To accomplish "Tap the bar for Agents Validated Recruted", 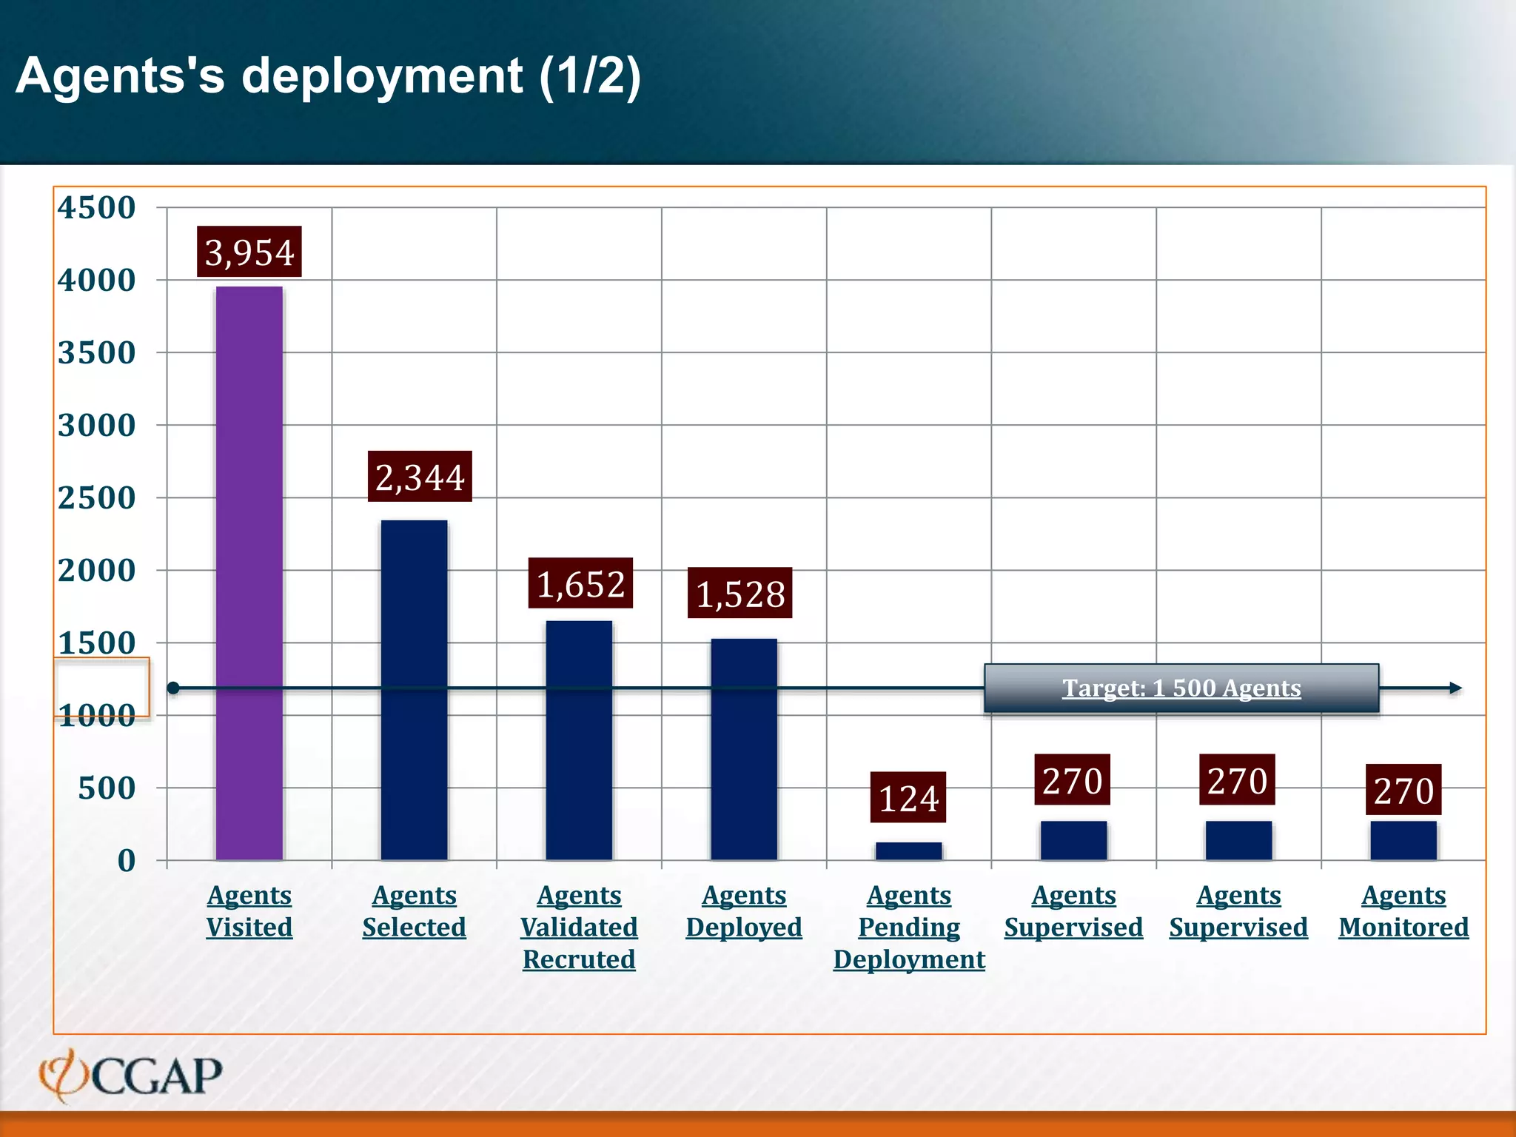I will (579, 740).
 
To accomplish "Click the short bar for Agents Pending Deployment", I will (908, 851).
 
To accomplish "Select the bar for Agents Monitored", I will (1403, 840).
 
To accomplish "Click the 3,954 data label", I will (249, 252).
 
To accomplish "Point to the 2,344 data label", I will (420, 477).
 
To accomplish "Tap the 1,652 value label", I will (580, 583).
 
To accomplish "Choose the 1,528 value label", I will (739, 593).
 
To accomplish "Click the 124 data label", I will (908, 798).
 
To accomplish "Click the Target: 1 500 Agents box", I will (1181, 688).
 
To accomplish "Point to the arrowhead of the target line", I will (1455, 688).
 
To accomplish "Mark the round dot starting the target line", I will (173, 688).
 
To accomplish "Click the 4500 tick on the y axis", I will (97, 207).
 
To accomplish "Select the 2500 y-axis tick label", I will (97, 497).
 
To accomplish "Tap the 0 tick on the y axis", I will (127, 860).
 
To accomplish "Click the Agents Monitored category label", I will (1403, 911).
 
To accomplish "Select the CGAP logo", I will (130, 1075).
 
